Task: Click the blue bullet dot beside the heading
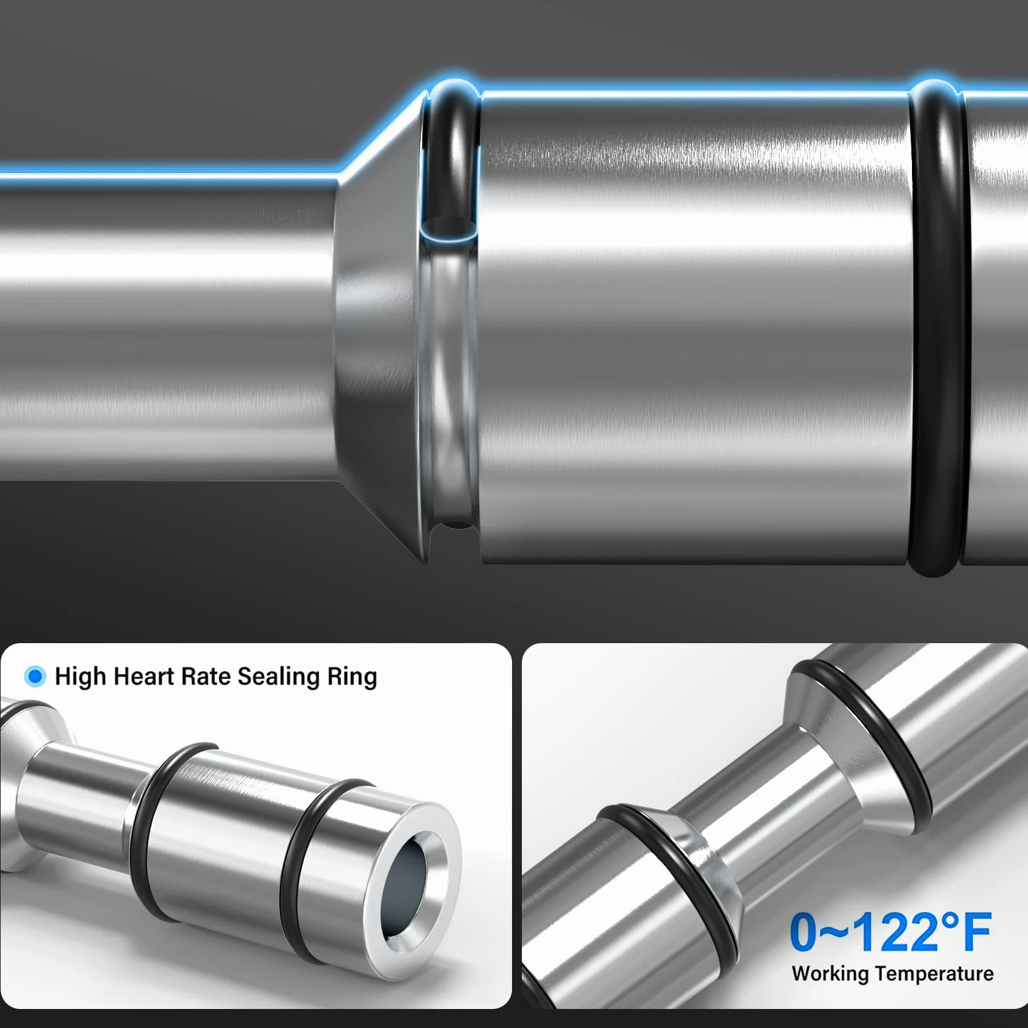point(35,676)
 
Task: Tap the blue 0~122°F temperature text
point(890,932)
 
